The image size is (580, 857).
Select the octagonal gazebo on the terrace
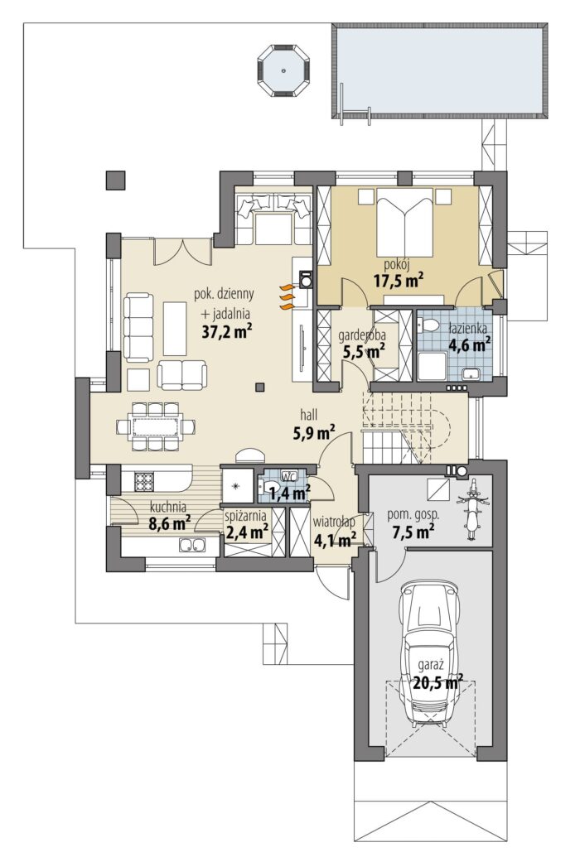(283, 70)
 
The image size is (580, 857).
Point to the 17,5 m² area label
(399, 281)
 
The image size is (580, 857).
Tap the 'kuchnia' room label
(168, 507)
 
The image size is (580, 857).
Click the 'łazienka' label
(466, 329)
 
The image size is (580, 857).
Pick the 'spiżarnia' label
(247, 515)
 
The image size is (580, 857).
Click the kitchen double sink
(191, 545)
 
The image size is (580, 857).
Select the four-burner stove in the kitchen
(144, 481)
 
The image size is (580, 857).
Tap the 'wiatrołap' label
(334, 522)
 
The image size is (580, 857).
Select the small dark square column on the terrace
(115, 180)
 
